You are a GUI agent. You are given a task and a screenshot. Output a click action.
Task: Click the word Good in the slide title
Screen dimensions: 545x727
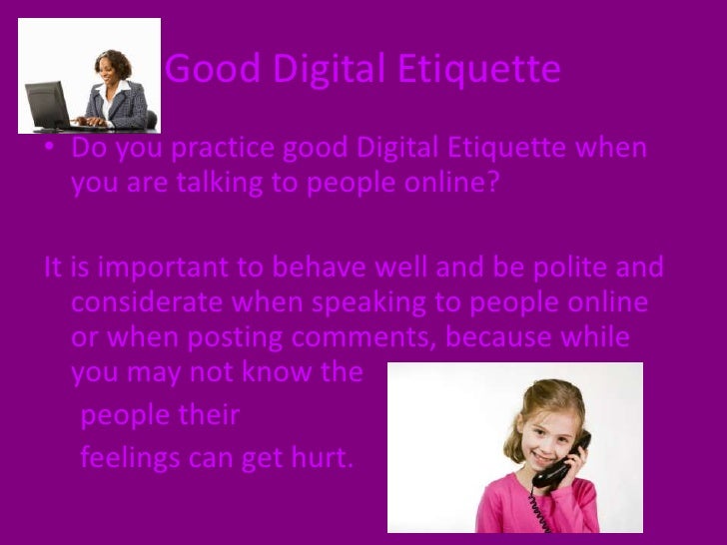coord(201,71)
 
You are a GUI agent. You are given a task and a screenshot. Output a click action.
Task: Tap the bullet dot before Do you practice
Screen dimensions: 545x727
coord(50,150)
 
